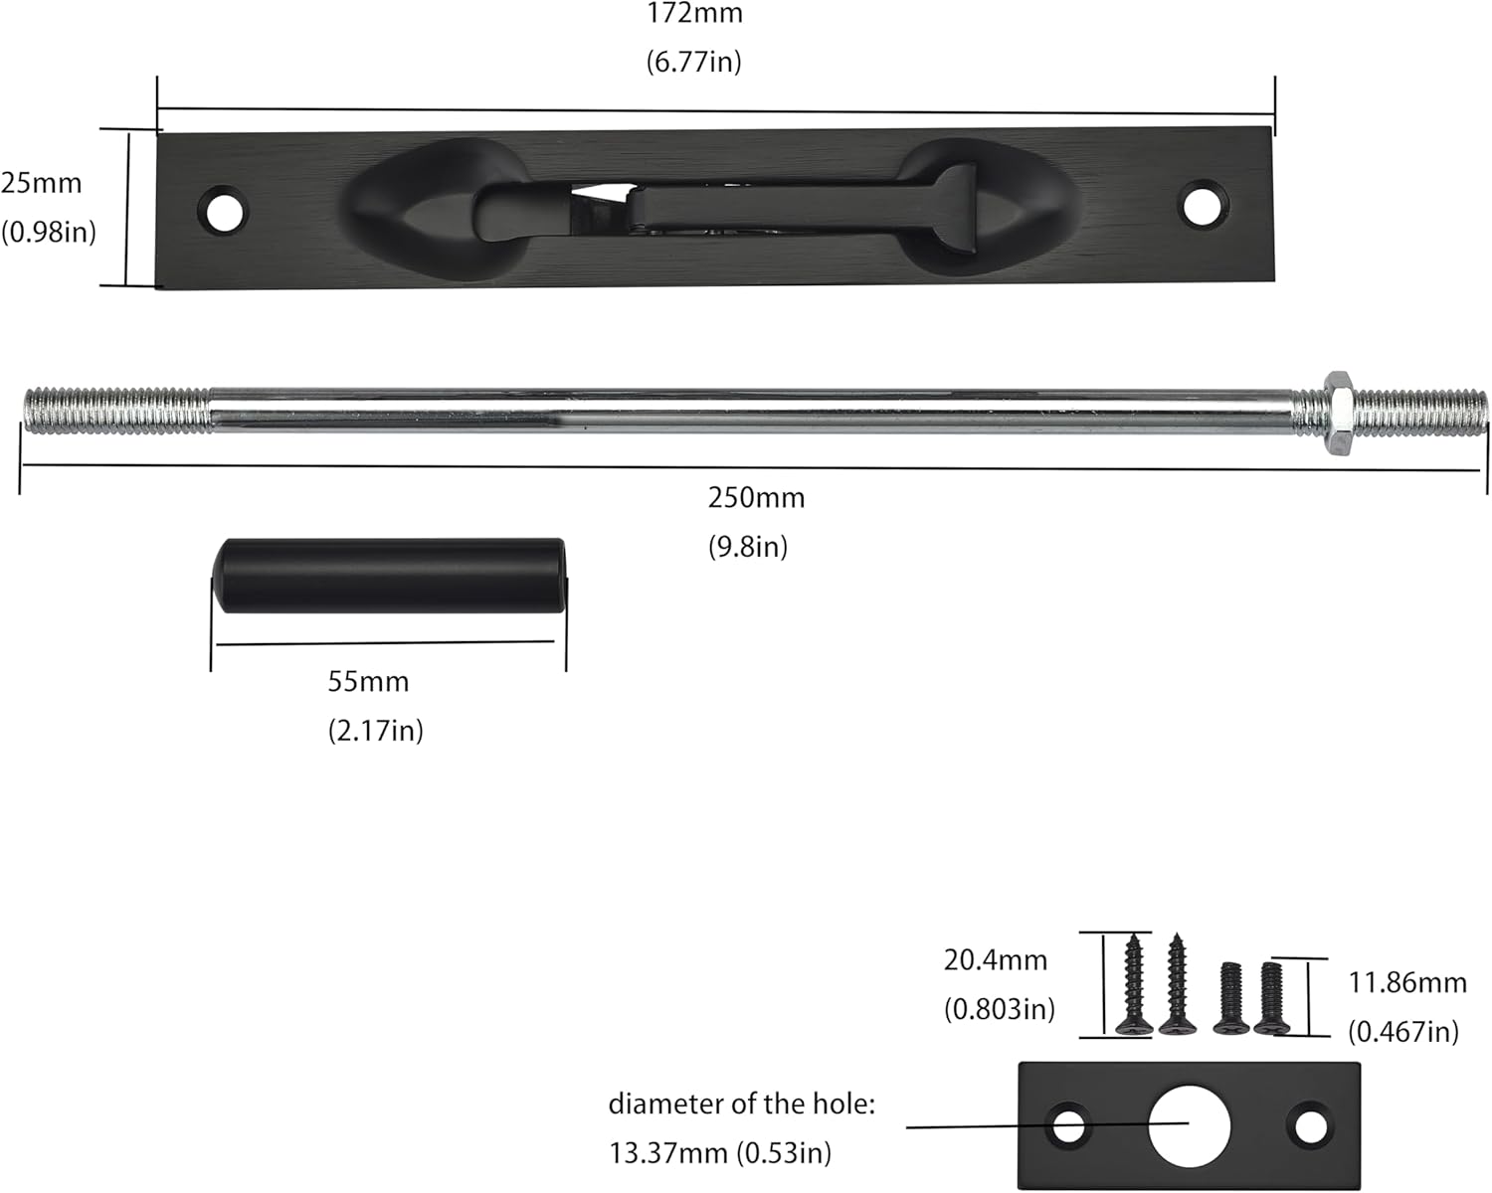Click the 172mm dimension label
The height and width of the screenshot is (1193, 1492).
[694, 14]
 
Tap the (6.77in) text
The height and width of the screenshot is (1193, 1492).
[694, 63]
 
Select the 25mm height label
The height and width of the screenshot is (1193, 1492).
[41, 183]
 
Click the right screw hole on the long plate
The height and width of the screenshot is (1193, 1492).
[1205, 204]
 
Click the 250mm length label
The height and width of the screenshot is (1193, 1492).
[756, 497]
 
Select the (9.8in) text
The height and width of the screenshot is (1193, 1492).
[748, 546]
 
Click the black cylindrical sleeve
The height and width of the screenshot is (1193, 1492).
[391, 576]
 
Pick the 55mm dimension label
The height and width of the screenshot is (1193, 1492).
[368, 682]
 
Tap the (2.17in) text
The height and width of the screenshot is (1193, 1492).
[376, 731]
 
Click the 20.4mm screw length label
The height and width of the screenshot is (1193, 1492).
[995, 960]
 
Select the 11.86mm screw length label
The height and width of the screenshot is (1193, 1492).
[1406, 983]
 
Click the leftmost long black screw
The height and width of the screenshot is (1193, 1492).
[1133, 984]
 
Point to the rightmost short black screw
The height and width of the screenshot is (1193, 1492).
[1271, 997]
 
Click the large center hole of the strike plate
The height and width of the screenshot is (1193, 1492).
[1189, 1126]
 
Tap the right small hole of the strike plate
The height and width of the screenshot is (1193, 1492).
[1311, 1126]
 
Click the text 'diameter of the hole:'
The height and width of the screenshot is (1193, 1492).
[741, 1104]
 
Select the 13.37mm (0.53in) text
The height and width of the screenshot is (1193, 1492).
[720, 1152]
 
